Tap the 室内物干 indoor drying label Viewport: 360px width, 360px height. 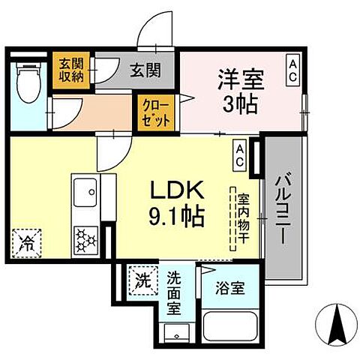point(243,218)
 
